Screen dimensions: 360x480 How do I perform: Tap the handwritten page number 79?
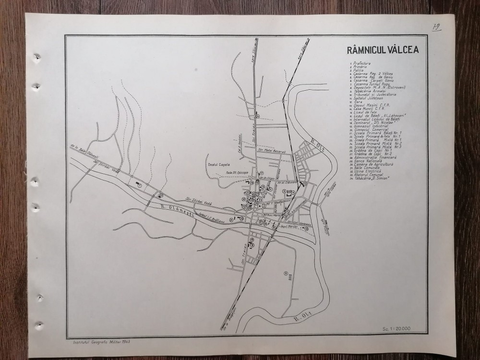tap(422, 27)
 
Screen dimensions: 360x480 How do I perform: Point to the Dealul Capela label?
tap(219, 164)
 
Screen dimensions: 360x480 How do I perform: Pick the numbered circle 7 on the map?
tap(139, 185)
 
